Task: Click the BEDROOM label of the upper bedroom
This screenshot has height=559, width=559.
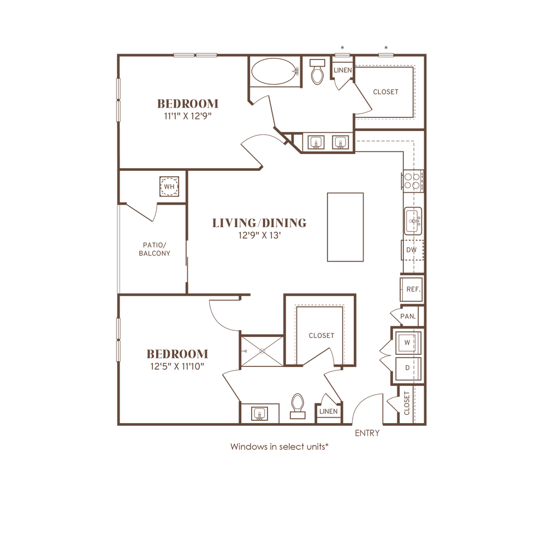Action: coord(187,103)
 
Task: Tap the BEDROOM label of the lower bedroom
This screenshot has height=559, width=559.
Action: coord(177,354)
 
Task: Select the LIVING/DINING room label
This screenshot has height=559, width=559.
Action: coord(259,223)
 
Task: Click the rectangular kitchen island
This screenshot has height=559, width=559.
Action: coord(345,227)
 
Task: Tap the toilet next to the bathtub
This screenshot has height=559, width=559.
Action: coord(316,74)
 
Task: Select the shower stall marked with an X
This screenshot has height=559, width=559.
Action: coord(262,353)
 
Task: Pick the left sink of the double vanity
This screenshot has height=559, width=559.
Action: coord(314,143)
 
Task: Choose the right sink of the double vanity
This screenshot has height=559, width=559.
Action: coord(341,143)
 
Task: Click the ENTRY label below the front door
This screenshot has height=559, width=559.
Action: coord(366,433)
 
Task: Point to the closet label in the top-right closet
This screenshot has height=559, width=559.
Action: coord(385,92)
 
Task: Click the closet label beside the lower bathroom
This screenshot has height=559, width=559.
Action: coord(320,336)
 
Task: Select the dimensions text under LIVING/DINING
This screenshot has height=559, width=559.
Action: coord(259,235)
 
